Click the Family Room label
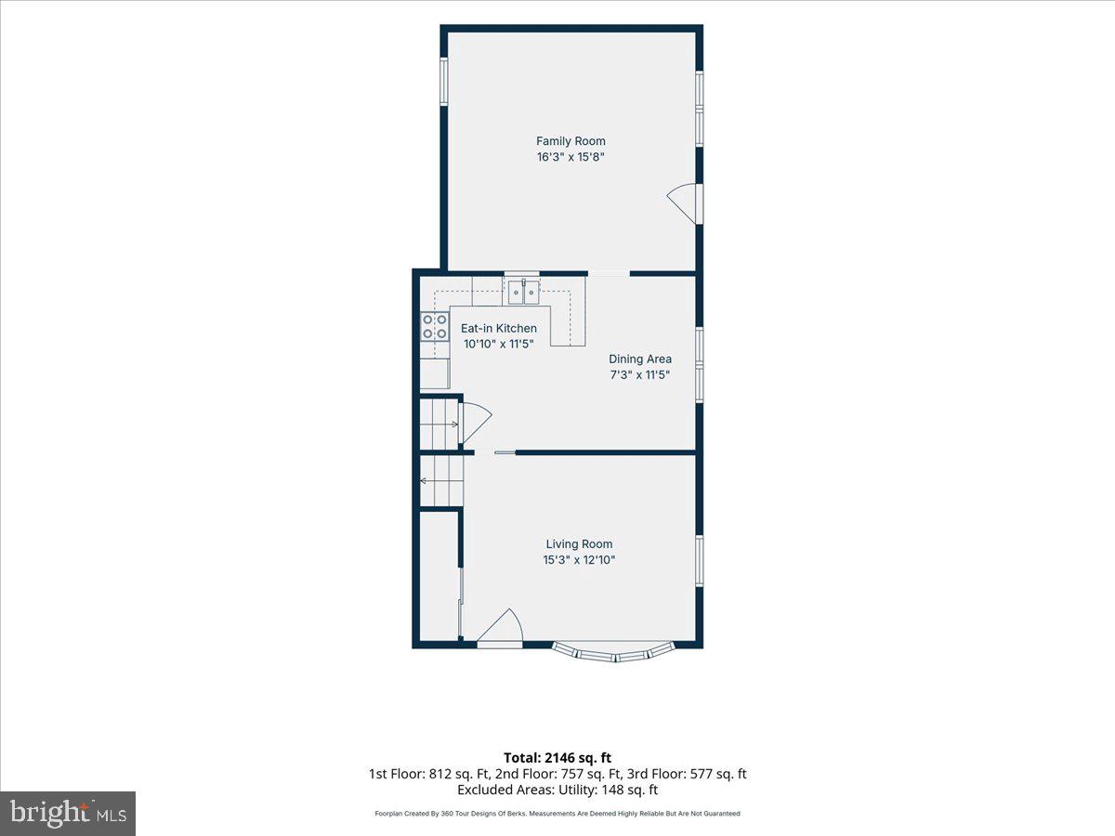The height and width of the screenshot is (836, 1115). point(571,141)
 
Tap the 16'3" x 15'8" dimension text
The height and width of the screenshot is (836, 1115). point(571,157)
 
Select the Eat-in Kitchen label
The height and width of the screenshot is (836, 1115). point(498,329)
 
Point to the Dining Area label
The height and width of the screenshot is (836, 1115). point(640,359)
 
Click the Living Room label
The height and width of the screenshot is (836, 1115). point(579,543)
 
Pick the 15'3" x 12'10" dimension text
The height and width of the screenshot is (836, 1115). point(579,560)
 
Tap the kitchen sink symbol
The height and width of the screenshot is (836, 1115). point(523,292)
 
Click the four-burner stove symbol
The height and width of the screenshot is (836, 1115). point(435,326)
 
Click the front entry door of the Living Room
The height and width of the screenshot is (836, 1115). point(499,628)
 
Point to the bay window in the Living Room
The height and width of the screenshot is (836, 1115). point(613,653)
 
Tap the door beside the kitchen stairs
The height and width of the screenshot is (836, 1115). point(475,423)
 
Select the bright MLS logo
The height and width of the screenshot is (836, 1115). point(68,814)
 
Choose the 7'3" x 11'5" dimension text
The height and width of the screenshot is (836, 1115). point(640,374)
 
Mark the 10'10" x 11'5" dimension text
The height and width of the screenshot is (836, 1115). point(498,344)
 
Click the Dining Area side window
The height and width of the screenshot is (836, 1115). point(700,365)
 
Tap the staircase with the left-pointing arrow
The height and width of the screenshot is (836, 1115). point(442,480)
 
